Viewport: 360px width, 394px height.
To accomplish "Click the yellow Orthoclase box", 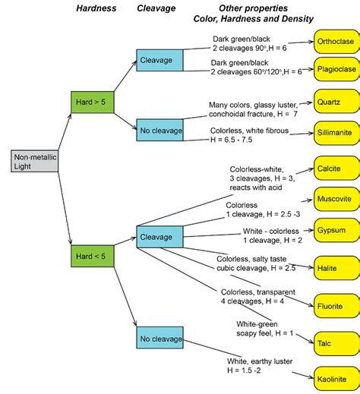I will tap(335, 43).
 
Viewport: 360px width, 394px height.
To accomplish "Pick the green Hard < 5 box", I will tap(91, 256).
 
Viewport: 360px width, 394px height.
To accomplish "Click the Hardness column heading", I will tap(96, 8).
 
